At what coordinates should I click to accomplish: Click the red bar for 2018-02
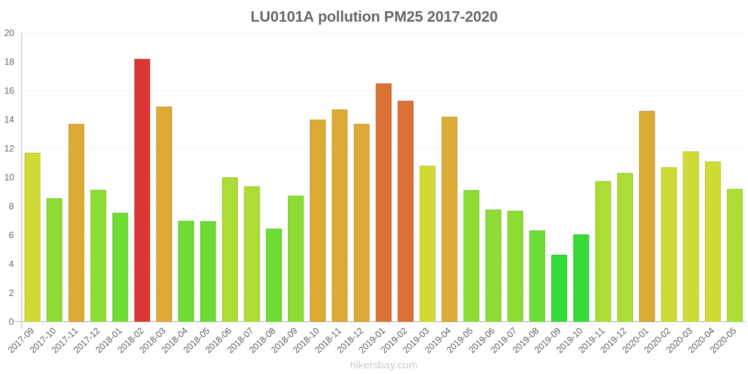142,190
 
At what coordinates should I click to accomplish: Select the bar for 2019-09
559,288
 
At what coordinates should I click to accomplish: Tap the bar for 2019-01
383,202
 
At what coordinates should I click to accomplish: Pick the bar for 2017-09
32,237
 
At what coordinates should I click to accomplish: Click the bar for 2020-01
647,216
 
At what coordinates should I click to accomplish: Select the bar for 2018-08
273,275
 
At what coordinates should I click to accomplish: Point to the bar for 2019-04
449,219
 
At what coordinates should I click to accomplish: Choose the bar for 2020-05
734,255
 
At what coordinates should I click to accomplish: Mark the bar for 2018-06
230,250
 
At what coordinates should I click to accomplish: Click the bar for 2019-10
581,278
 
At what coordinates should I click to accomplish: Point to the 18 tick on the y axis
9,62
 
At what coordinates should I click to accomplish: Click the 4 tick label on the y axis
11,264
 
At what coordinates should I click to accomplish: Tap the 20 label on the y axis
9,33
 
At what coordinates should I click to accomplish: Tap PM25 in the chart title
403,17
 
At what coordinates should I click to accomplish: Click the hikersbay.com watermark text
383,365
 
